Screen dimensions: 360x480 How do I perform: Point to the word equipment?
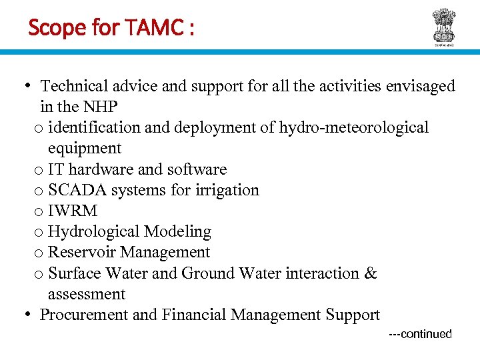click(x=85, y=148)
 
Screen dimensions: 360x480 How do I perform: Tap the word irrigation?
click(x=227, y=190)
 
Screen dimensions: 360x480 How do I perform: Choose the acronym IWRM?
click(x=73, y=211)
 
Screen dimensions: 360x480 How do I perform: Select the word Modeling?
click(x=178, y=231)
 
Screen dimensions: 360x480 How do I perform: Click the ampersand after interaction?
click(x=371, y=273)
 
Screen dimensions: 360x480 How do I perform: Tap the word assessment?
click(x=87, y=294)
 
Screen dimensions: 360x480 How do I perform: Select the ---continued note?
click(x=420, y=334)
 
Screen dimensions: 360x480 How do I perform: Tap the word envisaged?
click(x=423, y=86)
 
